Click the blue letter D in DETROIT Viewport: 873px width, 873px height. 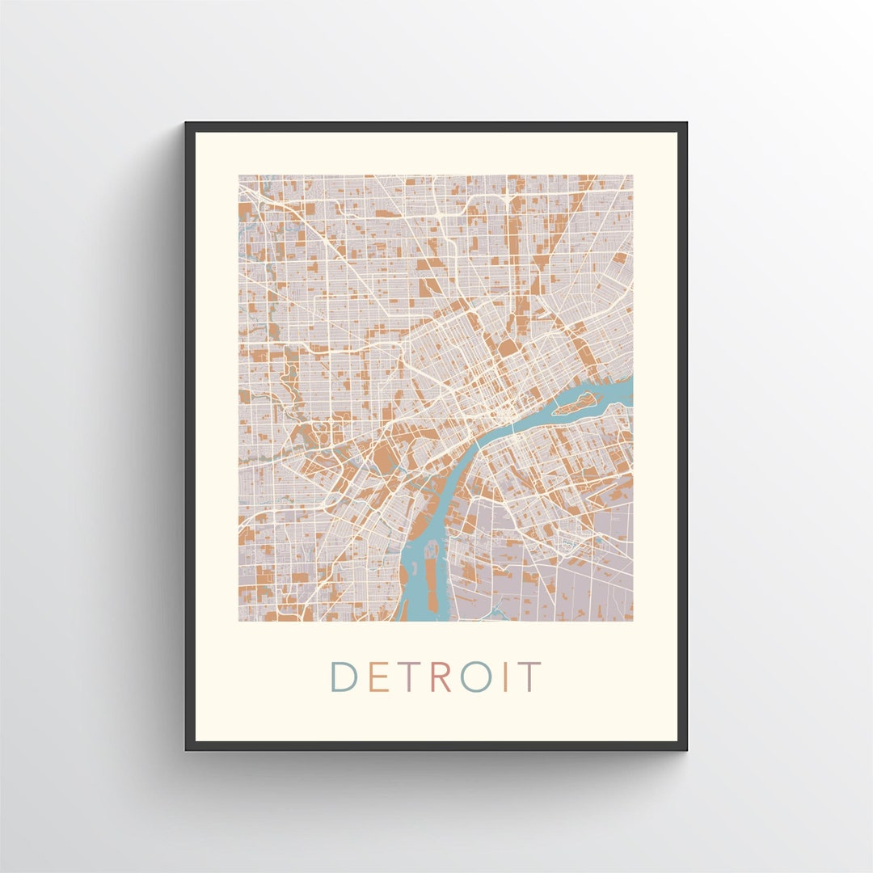click(343, 677)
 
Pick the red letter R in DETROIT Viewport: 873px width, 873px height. click(441, 677)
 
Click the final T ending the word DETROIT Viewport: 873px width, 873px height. click(529, 677)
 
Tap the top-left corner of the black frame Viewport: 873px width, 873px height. click(187, 124)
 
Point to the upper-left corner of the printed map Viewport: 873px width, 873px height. click(239, 175)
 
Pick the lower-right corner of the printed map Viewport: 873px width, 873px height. click(632, 620)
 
